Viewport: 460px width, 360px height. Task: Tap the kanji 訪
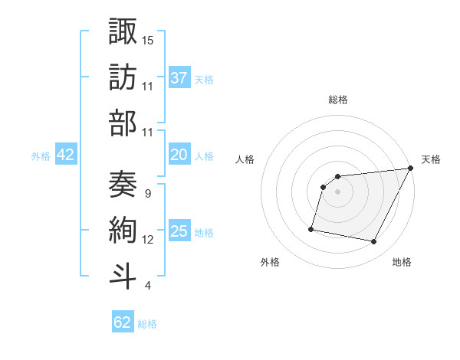pos(123,77)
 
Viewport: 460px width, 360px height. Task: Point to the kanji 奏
pos(123,185)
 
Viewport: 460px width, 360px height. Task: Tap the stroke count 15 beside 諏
pos(148,39)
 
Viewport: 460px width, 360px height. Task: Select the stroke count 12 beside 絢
pos(148,240)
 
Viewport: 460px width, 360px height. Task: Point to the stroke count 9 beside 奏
pos(147,193)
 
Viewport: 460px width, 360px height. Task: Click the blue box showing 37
pos(179,77)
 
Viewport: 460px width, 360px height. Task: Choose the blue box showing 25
pos(179,231)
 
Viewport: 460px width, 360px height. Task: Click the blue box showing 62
pos(123,322)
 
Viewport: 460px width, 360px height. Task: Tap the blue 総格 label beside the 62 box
pos(147,324)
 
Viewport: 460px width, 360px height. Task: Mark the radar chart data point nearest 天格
pos(411,169)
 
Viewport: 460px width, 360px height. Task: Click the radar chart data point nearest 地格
pos(374,242)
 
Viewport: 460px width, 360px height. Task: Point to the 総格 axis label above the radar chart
pos(337,100)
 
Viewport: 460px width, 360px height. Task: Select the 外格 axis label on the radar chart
pos(270,262)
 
